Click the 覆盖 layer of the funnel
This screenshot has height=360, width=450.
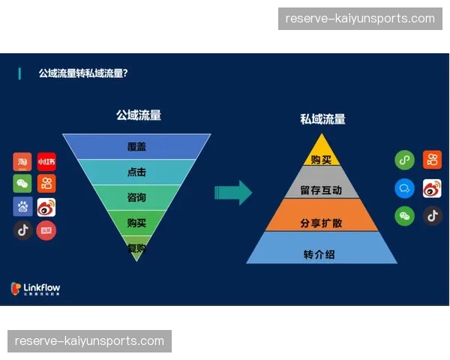pyautogui.click(x=136, y=147)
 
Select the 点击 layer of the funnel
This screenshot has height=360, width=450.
pyautogui.click(x=136, y=172)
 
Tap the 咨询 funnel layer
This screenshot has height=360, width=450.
pyautogui.click(x=136, y=197)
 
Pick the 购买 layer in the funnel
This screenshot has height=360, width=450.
pyautogui.click(x=136, y=222)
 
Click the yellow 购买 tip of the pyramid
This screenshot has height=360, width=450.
pyautogui.click(x=322, y=159)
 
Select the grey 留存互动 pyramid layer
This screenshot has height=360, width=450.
pyautogui.click(x=322, y=190)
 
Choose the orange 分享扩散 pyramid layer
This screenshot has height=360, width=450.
pyautogui.click(x=322, y=223)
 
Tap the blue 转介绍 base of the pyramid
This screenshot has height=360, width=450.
pyautogui.click(x=322, y=254)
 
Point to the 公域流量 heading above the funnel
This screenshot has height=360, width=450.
pyautogui.click(x=138, y=115)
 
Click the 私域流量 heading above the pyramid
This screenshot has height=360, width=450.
pyautogui.click(x=322, y=118)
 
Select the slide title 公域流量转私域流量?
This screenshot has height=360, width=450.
pyautogui.click(x=82, y=73)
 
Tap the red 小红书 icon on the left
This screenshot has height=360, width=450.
pyautogui.click(x=46, y=161)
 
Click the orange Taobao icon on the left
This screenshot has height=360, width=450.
pyautogui.click(x=22, y=161)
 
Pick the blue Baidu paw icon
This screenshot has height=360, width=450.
pyautogui.click(x=22, y=207)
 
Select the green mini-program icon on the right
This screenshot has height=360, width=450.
pyautogui.click(x=405, y=160)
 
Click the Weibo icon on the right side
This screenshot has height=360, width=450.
pyautogui.click(x=432, y=188)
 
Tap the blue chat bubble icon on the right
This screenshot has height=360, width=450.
pyautogui.click(x=405, y=188)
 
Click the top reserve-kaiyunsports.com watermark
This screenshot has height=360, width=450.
pyautogui.click(x=360, y=18)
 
